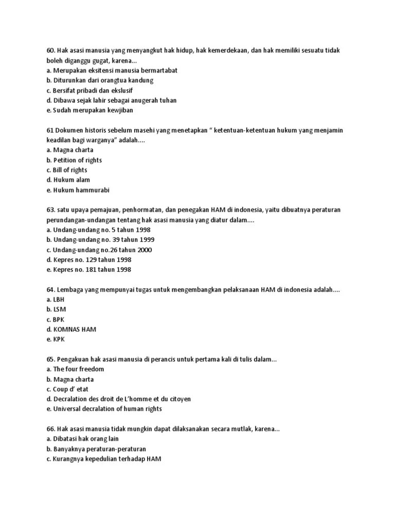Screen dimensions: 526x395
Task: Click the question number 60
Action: click(x=50, y=51)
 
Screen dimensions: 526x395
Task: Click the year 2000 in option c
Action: click(x=145, y=250)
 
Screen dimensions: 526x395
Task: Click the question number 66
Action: click(x=50, y=429)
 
